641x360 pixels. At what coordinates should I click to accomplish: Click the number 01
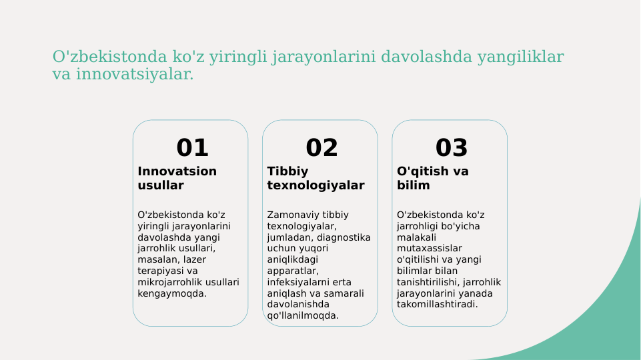point(192,147)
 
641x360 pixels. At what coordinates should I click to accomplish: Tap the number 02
point(322,147)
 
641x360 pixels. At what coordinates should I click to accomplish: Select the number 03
point(452,147)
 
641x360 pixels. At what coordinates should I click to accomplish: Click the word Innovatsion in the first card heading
point(177,171)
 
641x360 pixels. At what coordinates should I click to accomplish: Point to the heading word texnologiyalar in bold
point(315,185)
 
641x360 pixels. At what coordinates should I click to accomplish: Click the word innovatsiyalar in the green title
point(133,74)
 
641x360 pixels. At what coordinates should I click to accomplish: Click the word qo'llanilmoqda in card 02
point(302,316)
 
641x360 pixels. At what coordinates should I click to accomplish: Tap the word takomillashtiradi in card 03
point(437,305)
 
